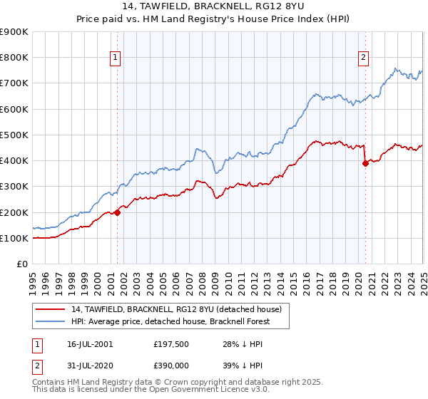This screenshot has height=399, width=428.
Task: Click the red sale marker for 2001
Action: (118, 212)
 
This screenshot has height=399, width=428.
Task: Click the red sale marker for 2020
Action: (365, 162)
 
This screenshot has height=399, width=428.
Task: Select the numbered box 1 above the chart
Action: (116, 58)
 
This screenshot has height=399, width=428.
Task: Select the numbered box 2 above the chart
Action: (363, 58)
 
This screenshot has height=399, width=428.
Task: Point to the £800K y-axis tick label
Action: (14, 58)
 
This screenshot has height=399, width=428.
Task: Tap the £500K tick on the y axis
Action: (14, 135)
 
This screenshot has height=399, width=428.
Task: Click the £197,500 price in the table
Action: (170, 344)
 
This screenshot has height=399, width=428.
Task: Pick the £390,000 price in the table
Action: (170, 365)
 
